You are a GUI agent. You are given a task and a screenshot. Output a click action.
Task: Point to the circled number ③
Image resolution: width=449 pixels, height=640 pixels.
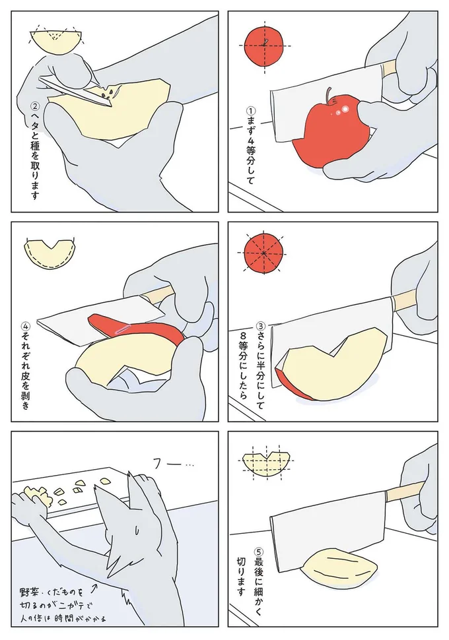point(261,325)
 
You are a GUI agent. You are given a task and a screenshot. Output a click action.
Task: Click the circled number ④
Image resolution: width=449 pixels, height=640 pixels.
point(25,325)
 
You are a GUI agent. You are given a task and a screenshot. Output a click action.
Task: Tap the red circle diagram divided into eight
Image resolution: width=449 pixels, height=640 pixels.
point(263,253)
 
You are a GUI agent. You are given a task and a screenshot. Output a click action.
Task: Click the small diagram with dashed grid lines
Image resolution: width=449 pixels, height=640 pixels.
point(267,462)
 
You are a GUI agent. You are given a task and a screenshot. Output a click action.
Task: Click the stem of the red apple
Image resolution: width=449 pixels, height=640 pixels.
point(328,94)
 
